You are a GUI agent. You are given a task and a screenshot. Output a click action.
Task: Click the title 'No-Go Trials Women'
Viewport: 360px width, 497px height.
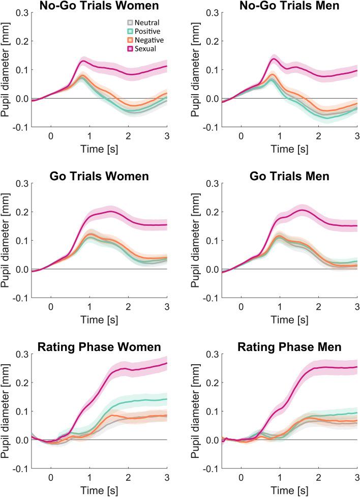pos(99,7)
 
